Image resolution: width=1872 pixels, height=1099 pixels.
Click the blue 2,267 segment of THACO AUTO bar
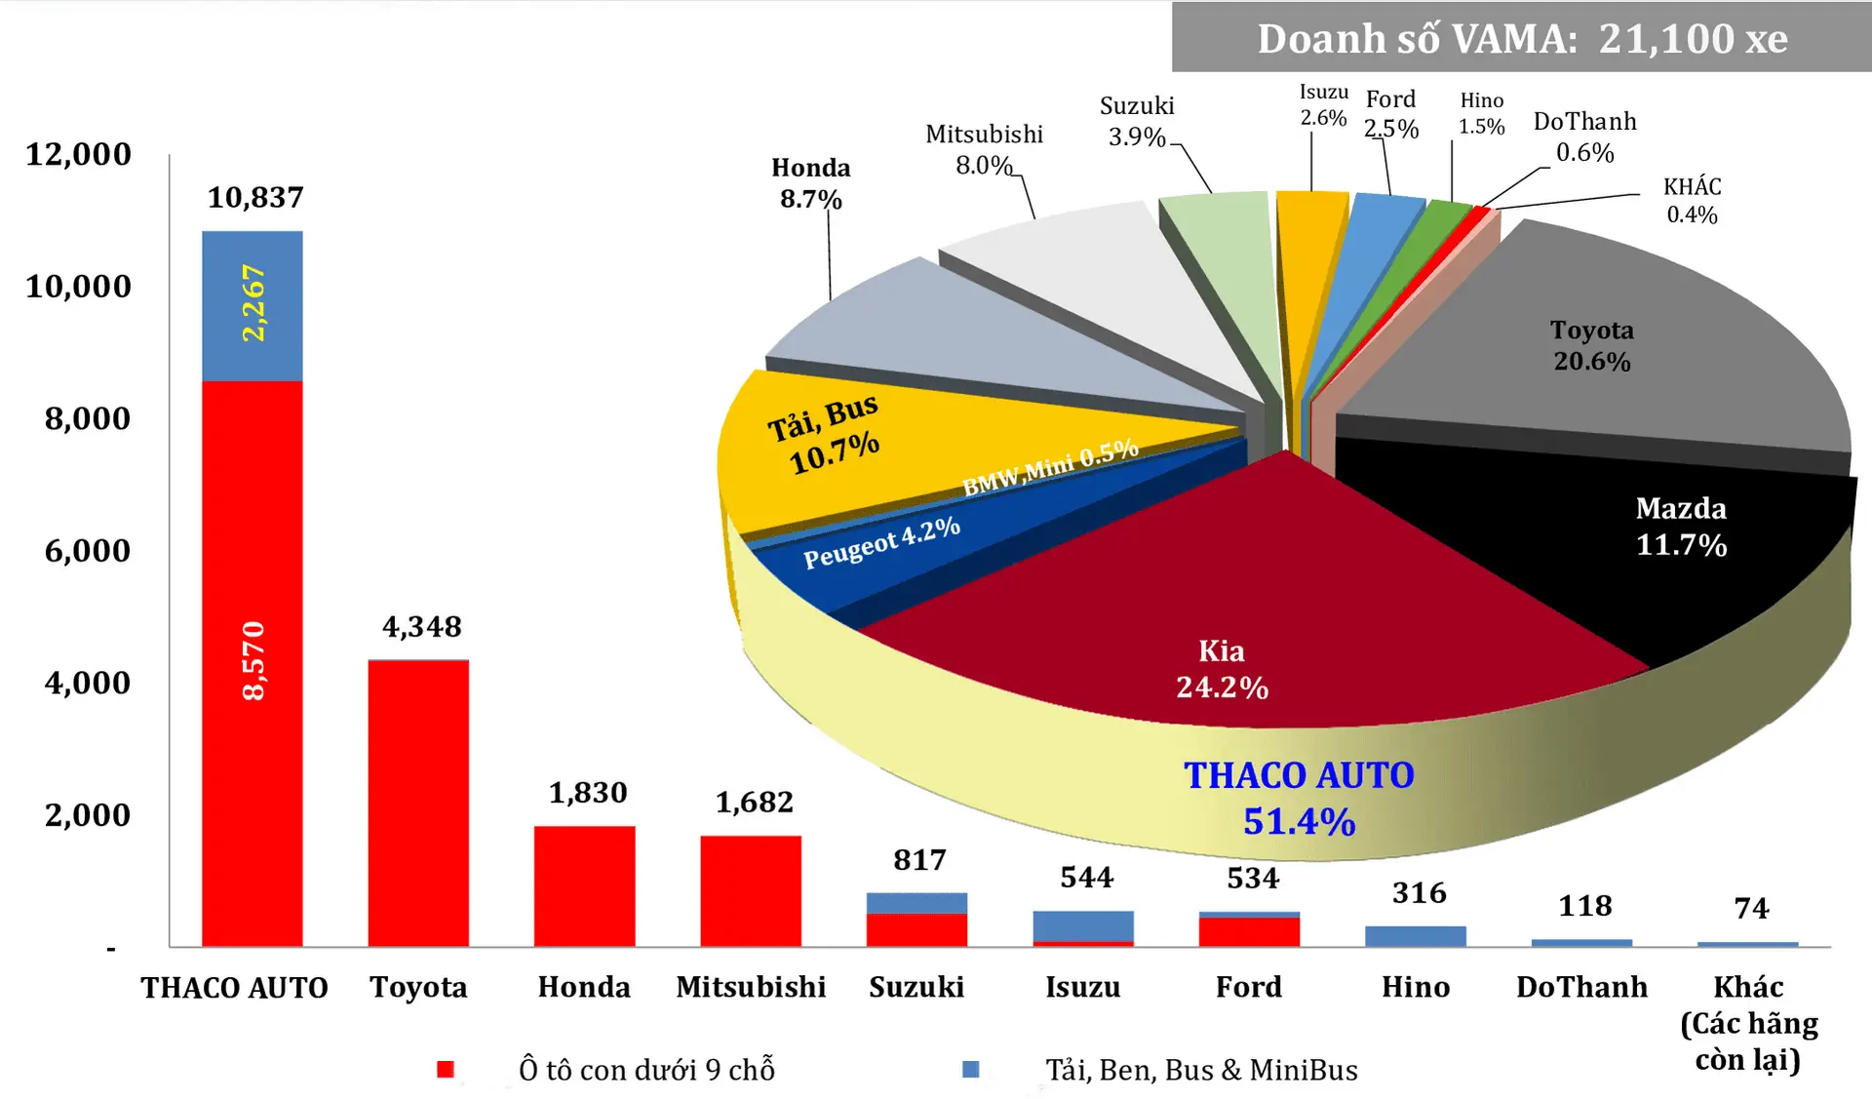click(x=252, y=305)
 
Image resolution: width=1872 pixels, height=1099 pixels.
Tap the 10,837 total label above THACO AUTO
click(x=255, y=198)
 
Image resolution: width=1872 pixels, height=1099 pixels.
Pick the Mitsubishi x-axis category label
click(x=751, y=987)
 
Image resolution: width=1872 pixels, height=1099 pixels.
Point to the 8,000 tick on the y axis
click(x=87, y=418)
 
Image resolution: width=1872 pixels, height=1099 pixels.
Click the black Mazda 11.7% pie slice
click(x=1599, y=546)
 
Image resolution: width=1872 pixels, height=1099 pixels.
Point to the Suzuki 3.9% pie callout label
click(x=1137, y=121)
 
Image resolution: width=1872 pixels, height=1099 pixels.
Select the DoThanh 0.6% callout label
click(x=1584, y=137)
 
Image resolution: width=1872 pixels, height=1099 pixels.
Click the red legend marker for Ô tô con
click(x=446, y=1069)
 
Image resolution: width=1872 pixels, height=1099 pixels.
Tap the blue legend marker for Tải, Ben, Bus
click(x=970, y=1069)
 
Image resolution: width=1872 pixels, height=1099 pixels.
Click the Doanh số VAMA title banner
click(x=1521, y=38)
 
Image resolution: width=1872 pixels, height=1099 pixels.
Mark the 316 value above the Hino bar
click(x=1419, y=892)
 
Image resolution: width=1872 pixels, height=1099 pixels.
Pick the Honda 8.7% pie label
click(x=810, y=183)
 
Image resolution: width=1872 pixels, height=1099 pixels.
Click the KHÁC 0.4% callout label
click(x=1692, y=200)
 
